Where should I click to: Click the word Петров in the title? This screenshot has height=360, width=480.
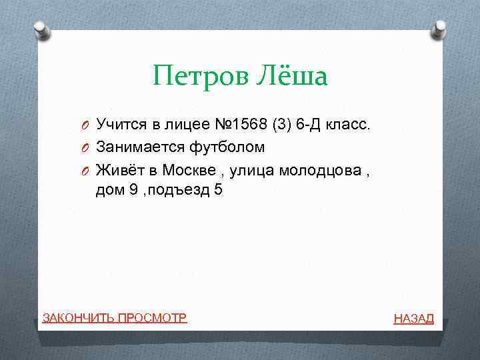pos(199,76)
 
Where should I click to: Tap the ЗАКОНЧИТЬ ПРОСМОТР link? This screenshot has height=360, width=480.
pos(115,317)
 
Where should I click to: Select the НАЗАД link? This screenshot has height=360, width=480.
pos(413,319)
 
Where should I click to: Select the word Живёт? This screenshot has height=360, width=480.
pos(117,169)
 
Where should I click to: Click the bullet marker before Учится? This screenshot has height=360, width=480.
pos(86,125)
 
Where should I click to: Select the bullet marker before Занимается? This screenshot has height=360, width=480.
pos(86,147)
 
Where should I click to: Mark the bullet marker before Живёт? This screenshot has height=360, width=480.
pos(86,170)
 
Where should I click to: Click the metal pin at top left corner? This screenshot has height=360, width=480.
pos(41,29)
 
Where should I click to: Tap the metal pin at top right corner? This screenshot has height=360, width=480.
pos(440,28)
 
